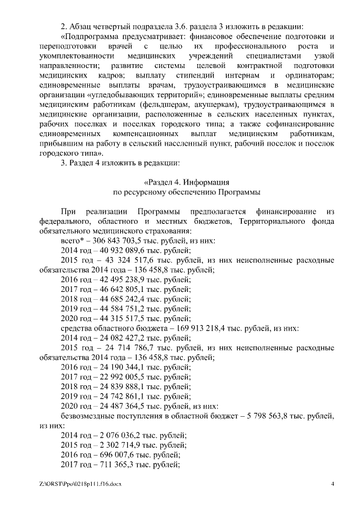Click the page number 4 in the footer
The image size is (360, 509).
(332, 483)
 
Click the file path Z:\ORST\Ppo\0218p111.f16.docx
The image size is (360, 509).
(80, 483)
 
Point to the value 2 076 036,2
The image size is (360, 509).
(110, 435)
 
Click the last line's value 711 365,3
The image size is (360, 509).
(106, 465)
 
